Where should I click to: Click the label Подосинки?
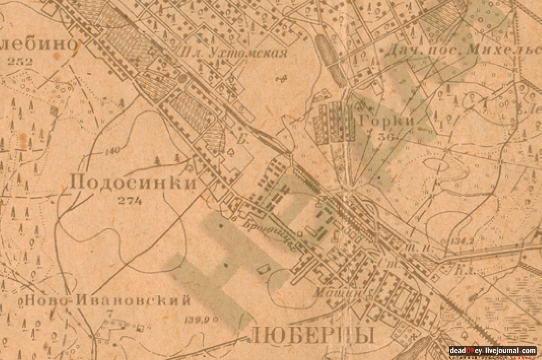tap(133, 183)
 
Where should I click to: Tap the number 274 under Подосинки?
tap(130, 200)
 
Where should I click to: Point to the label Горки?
tap(385, 121)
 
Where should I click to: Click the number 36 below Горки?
tap(385, 137)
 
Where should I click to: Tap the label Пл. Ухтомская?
tap(234, 52)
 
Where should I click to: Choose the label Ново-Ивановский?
tap(107, 299)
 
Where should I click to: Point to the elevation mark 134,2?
tap(462, 241)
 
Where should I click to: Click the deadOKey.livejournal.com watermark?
tap(492, 351)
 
